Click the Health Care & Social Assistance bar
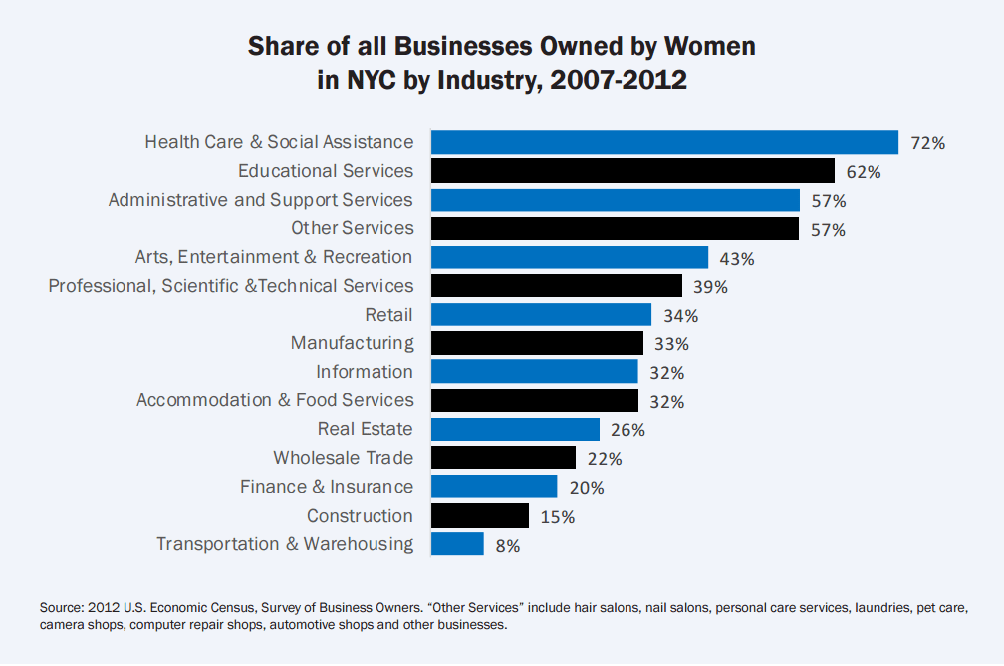[x=664, y=143]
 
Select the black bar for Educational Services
[x=632, y=171]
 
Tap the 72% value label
[x=926, y=143]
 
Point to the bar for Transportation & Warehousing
[x=457, y=544]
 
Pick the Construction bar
[x=479, y=516]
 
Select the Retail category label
[x=388, y=315]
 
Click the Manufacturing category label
[x=352, y=343]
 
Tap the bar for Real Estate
[x=515, y=429]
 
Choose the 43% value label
[x=736, y=258]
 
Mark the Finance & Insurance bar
[x=493, y=487]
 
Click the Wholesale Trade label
[x=343, y=458]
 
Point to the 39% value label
[x=709, y=287]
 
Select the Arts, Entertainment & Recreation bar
[x=569, y=258]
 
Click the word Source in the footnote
[x=62, y=606]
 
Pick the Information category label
[x=364, y=372]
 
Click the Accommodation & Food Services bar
[x=534, y=400]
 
